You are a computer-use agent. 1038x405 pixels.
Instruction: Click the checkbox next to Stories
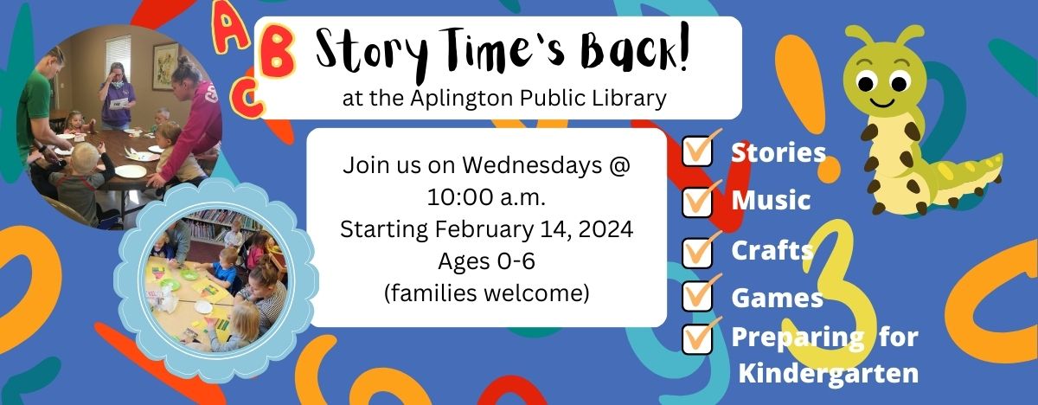point(697,151)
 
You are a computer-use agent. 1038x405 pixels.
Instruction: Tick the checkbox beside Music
point(697,202)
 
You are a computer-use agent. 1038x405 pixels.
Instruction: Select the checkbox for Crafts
point(697,253)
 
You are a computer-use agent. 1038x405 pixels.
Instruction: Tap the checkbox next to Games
point(697,296)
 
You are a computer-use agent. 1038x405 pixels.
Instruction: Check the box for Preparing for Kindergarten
point(697,339)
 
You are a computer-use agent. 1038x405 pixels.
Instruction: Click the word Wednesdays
point(533,165)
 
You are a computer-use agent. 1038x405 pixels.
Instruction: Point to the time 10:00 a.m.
point(486,197)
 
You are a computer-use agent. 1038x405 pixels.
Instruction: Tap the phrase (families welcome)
point(486,293)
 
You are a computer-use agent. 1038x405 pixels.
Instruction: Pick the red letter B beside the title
point(277,51)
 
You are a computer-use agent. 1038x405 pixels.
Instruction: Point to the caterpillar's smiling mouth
point(881,102)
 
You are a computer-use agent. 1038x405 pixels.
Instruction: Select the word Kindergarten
point(829,373)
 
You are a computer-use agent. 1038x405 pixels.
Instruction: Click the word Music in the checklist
point(771,200)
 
